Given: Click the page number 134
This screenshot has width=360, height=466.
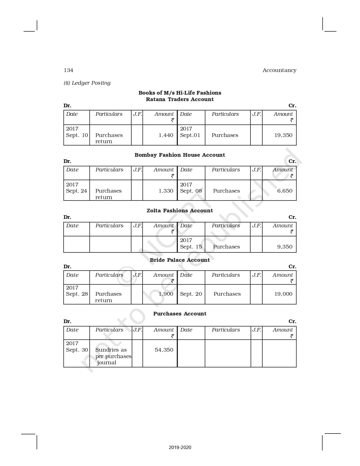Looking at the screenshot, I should point(68,70).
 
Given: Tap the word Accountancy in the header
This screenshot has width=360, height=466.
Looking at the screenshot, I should point(279,70).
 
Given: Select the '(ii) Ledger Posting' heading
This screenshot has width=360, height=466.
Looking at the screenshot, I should point(87,83).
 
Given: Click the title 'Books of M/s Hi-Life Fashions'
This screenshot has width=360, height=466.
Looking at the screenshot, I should point(180,93).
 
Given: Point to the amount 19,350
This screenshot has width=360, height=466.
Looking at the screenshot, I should point(283,135).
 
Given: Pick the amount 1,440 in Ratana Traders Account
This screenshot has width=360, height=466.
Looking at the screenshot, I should point(166,135).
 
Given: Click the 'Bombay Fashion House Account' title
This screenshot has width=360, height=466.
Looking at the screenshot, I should point(180,155).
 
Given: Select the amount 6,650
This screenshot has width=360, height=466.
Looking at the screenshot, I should point(285,191).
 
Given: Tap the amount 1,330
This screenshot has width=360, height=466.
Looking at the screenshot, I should point(166,191).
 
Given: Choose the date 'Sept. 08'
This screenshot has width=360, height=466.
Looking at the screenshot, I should point(191,191).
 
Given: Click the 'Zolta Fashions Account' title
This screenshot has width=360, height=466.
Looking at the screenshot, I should point(180,211).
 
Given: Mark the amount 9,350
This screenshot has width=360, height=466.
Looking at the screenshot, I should point(285,247).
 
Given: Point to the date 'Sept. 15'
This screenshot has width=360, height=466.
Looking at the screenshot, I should point(191,247).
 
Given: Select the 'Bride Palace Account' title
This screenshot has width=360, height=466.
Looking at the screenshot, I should point(180,260).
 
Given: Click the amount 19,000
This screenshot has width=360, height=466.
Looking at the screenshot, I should point(283,294).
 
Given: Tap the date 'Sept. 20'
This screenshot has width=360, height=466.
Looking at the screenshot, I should point(191,294).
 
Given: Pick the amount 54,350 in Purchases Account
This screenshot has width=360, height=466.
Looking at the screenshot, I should point(164,350).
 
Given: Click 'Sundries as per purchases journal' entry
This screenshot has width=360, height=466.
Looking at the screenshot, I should point(113,356).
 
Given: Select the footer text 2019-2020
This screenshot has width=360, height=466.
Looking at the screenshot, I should point(180,447).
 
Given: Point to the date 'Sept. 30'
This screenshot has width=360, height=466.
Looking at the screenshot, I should point(77,350).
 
